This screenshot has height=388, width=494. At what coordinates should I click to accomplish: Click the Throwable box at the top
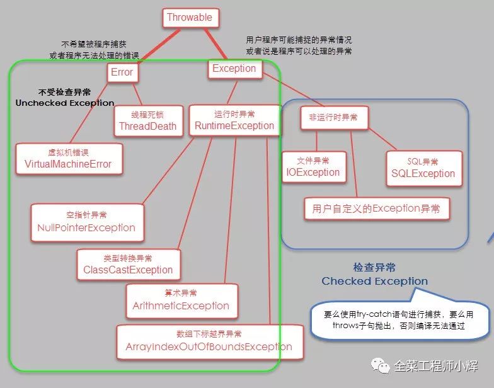pos(190,18)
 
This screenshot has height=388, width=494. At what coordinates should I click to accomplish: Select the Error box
pos(122,72)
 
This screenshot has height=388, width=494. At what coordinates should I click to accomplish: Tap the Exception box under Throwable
pos(234,69)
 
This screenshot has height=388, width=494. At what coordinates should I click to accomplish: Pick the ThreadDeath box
pos(149,121)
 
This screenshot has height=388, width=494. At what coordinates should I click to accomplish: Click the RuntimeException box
pos(234,120)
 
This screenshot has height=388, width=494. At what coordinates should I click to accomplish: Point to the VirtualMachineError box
pos(69,159)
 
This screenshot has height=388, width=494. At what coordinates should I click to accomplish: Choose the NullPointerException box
pos(87,223)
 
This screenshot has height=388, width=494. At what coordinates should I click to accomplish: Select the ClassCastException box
pos(129,265)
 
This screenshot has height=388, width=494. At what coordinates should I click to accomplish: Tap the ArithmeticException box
pos(181,301)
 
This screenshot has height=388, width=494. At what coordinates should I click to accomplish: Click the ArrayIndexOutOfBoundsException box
pos(210,342)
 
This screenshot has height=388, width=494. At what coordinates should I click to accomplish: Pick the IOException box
pos(314,167)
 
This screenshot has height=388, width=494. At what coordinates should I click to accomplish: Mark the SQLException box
pos(424,169)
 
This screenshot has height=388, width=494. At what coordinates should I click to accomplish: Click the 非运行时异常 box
pos(334,118)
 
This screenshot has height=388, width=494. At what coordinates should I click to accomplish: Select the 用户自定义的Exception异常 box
pos(377,208)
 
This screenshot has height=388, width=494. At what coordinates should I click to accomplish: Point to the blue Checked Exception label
pos(374,275)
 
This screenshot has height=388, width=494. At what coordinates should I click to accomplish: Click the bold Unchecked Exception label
pos(65,98)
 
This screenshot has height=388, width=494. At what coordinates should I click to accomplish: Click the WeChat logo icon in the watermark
pos(381,365)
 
